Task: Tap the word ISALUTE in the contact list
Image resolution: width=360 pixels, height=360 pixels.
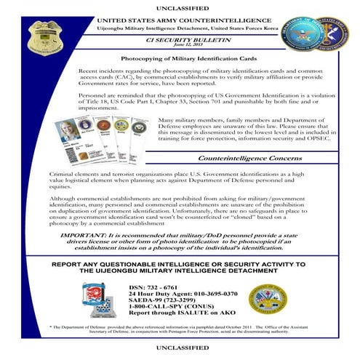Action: [193, 313]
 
